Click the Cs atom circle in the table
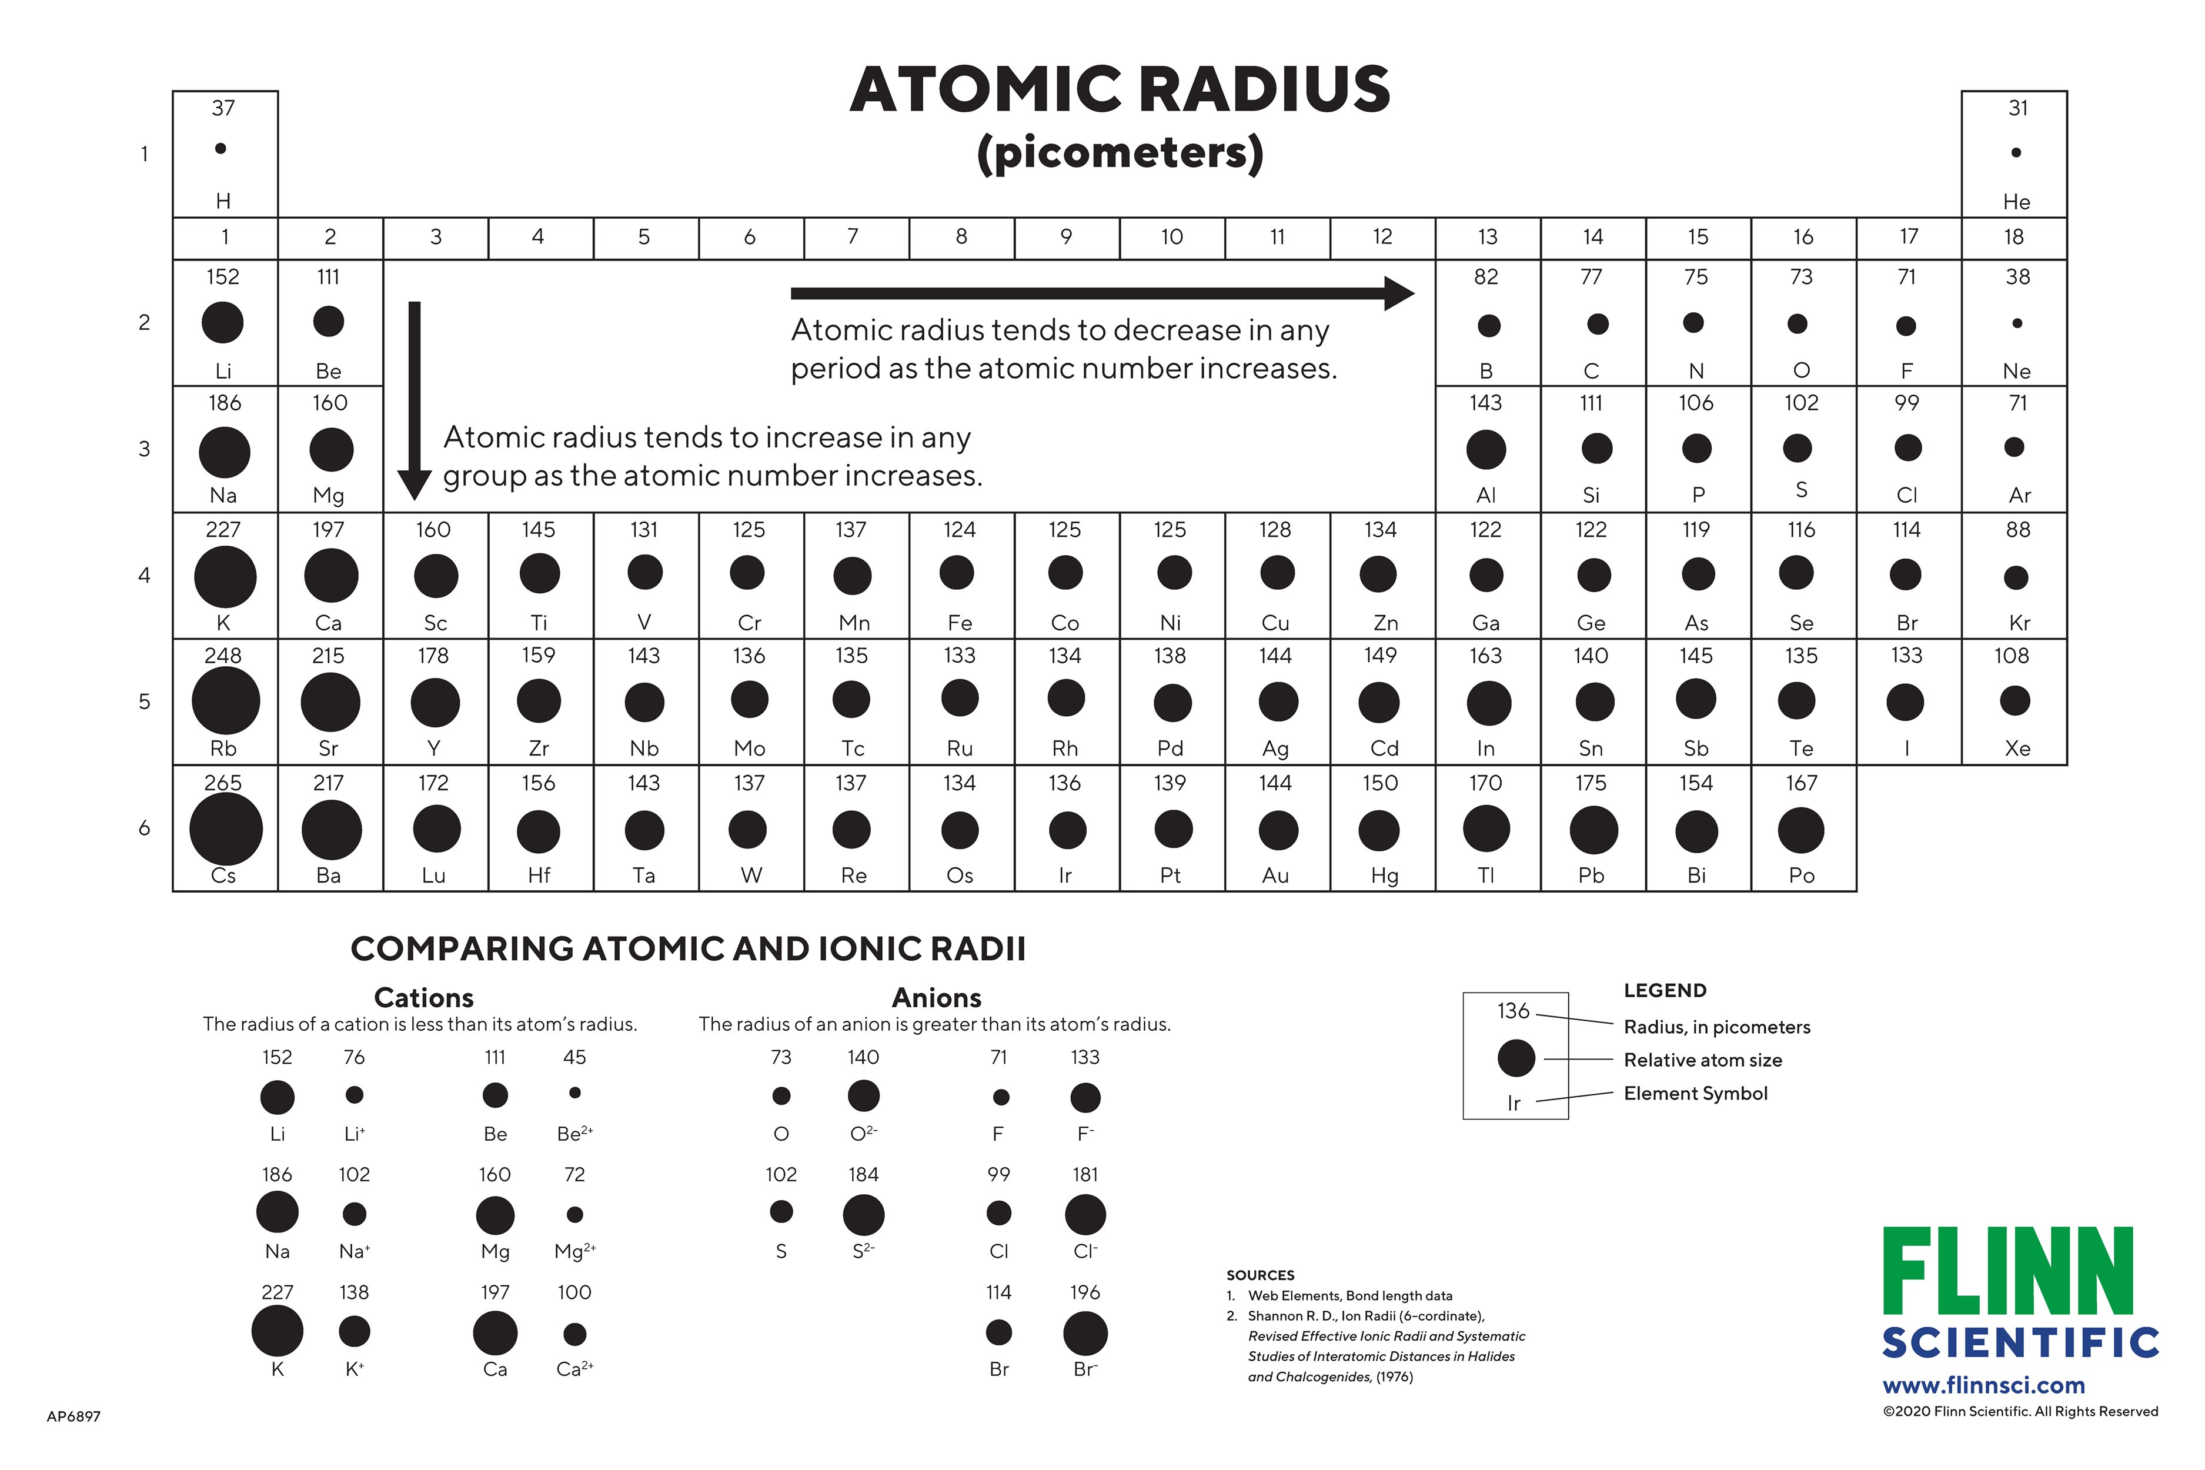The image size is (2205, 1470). (x=226, y=828)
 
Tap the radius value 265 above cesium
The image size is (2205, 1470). (x=223, y=782)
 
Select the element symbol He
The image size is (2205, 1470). (x=2017, y=202)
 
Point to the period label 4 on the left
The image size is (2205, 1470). (x=145, y=574)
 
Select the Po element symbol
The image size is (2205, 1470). (x=1802, y=876)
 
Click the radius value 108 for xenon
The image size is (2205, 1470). (x=2012, y=655)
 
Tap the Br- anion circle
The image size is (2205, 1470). (x=1085, y=1333)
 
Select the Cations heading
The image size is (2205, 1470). (x=424, y=997)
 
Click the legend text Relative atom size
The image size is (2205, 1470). (x=1702, y=1060)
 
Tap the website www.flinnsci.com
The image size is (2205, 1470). (x=1984, y=1385)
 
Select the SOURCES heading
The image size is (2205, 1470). (x=1260, y=1275)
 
